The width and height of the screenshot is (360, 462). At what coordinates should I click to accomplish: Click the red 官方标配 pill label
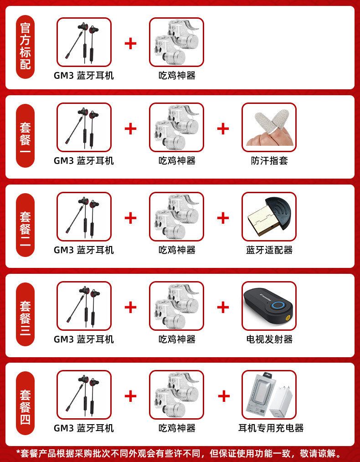click(26, 47)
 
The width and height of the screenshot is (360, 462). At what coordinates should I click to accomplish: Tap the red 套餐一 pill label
click(26, 135)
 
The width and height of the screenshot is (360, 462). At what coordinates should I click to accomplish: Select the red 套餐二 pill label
click(26, 225)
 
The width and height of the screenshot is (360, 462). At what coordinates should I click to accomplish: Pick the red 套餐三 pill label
click(26, 314)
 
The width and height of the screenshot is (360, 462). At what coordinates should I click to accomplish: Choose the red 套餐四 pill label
click(26, 403)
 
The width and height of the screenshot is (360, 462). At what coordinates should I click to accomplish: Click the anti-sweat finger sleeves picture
click(269, 127)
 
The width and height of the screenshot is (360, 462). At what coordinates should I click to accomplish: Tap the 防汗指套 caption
click(269, 161)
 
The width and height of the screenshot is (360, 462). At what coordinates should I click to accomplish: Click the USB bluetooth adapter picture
click(269, 216)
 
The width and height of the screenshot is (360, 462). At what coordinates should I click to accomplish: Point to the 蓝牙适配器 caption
click(269, 250)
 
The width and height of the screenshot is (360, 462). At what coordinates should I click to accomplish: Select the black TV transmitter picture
click(269, 306)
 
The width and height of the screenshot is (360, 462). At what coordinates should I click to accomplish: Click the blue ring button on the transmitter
click(278, 305)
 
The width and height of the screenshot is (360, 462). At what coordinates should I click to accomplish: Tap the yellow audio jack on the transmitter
click(288, 318)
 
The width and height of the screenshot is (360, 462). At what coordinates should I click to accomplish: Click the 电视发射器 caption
click(269, 339)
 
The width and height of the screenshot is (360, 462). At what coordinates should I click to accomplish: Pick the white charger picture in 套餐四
click(269, 395)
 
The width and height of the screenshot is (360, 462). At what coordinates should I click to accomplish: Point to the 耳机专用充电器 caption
click(271, 428)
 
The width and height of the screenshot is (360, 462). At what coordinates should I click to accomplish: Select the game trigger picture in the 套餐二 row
click(176, 216)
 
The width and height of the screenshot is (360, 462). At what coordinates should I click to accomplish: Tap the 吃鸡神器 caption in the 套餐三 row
click(177, 339)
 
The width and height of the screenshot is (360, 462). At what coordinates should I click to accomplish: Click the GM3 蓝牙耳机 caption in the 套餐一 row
click(84, 161)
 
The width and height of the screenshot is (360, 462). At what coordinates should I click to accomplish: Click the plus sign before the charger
click(224, 396)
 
